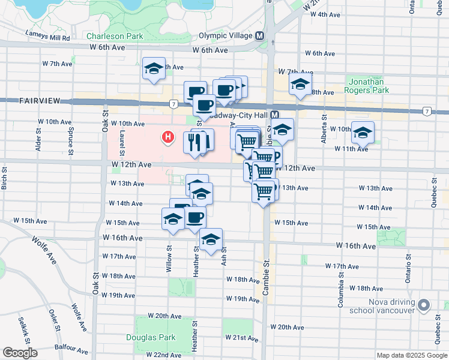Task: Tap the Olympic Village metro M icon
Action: [260, 35]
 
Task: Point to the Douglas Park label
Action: [151, 337]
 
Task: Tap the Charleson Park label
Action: [115, 36]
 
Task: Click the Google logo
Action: [20, 353]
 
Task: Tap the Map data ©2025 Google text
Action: [411, 355]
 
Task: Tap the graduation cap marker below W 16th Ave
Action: [211, 240]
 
